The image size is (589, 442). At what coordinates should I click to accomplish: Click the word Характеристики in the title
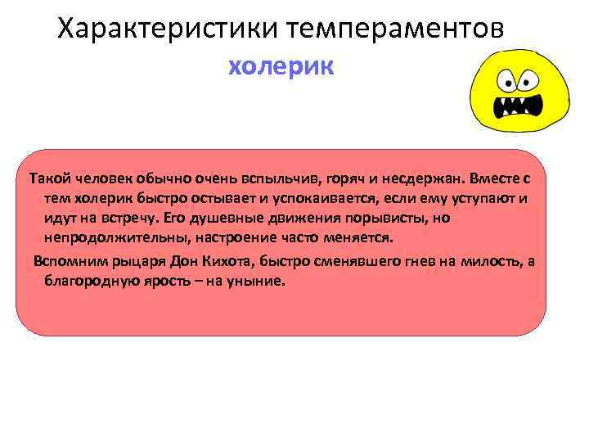click(169, 29)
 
